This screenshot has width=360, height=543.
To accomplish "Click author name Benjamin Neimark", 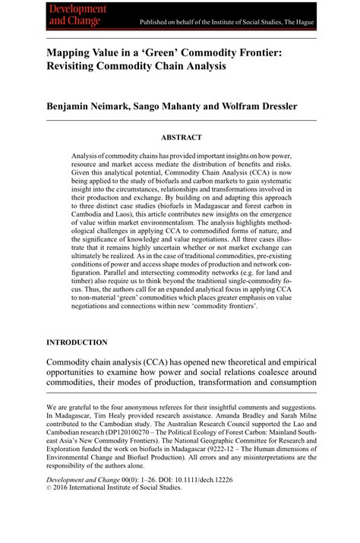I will [x=87, y=106].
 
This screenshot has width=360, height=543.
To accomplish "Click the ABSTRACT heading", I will [x=181, y=137].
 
